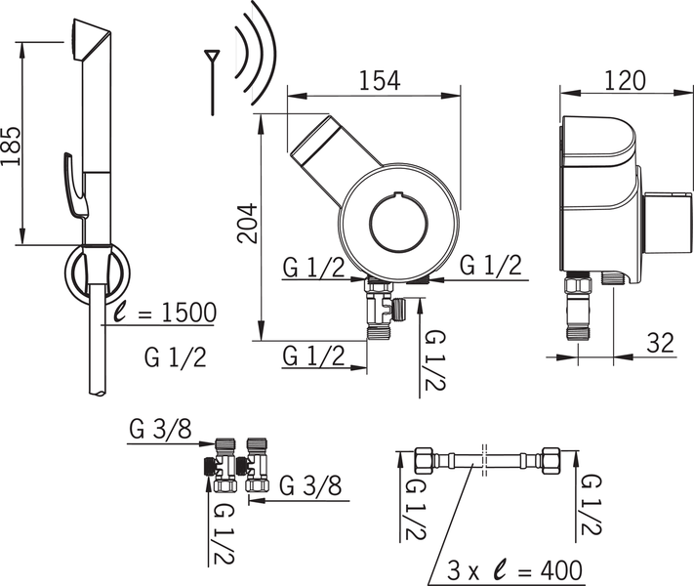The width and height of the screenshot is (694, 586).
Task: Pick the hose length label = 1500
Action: [x=163, y=313]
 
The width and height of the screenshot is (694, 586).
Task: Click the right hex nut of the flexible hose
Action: [x=549, y=459]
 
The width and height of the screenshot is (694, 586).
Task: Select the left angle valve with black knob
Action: [x=222, y=467]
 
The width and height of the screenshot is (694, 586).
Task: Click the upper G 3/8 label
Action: [x=162, y=429]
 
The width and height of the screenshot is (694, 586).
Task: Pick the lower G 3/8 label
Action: [x=309, y=485]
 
